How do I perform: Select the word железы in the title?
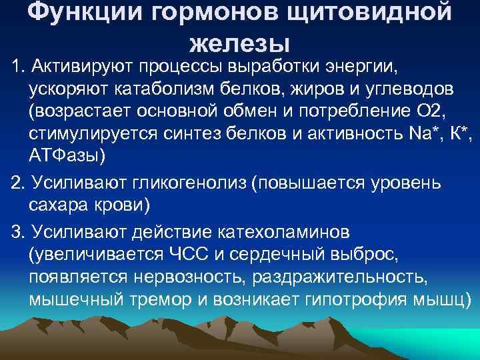[240, 44]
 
